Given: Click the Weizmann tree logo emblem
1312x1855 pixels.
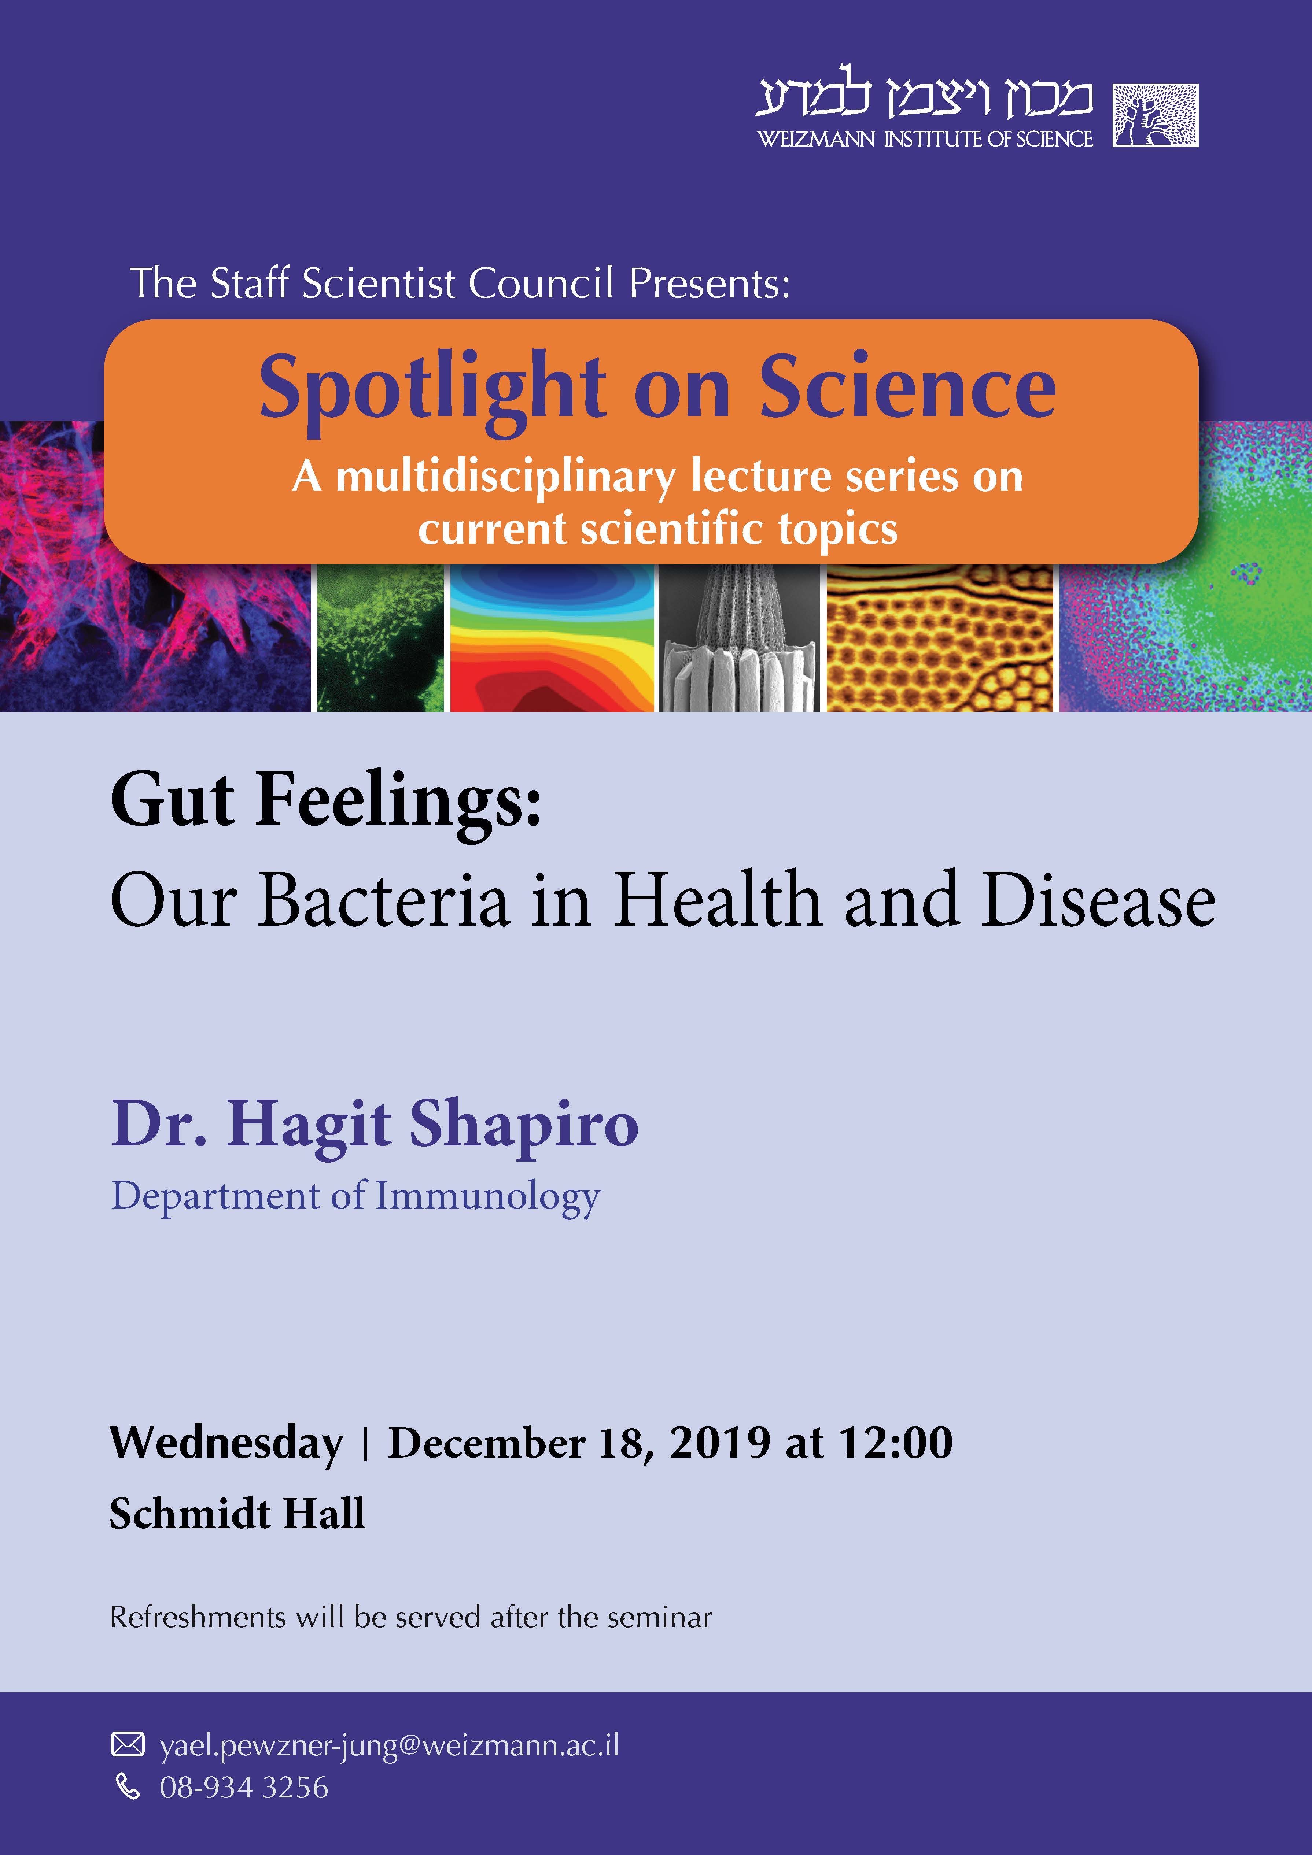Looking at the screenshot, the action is click(x=1155, y=115).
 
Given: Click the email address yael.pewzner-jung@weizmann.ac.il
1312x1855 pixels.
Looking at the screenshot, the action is click(x=390, y=1746).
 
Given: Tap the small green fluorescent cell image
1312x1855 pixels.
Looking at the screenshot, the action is click(x=380, y=638).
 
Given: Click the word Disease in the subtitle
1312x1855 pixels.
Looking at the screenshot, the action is click(x=1099, y=900).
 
